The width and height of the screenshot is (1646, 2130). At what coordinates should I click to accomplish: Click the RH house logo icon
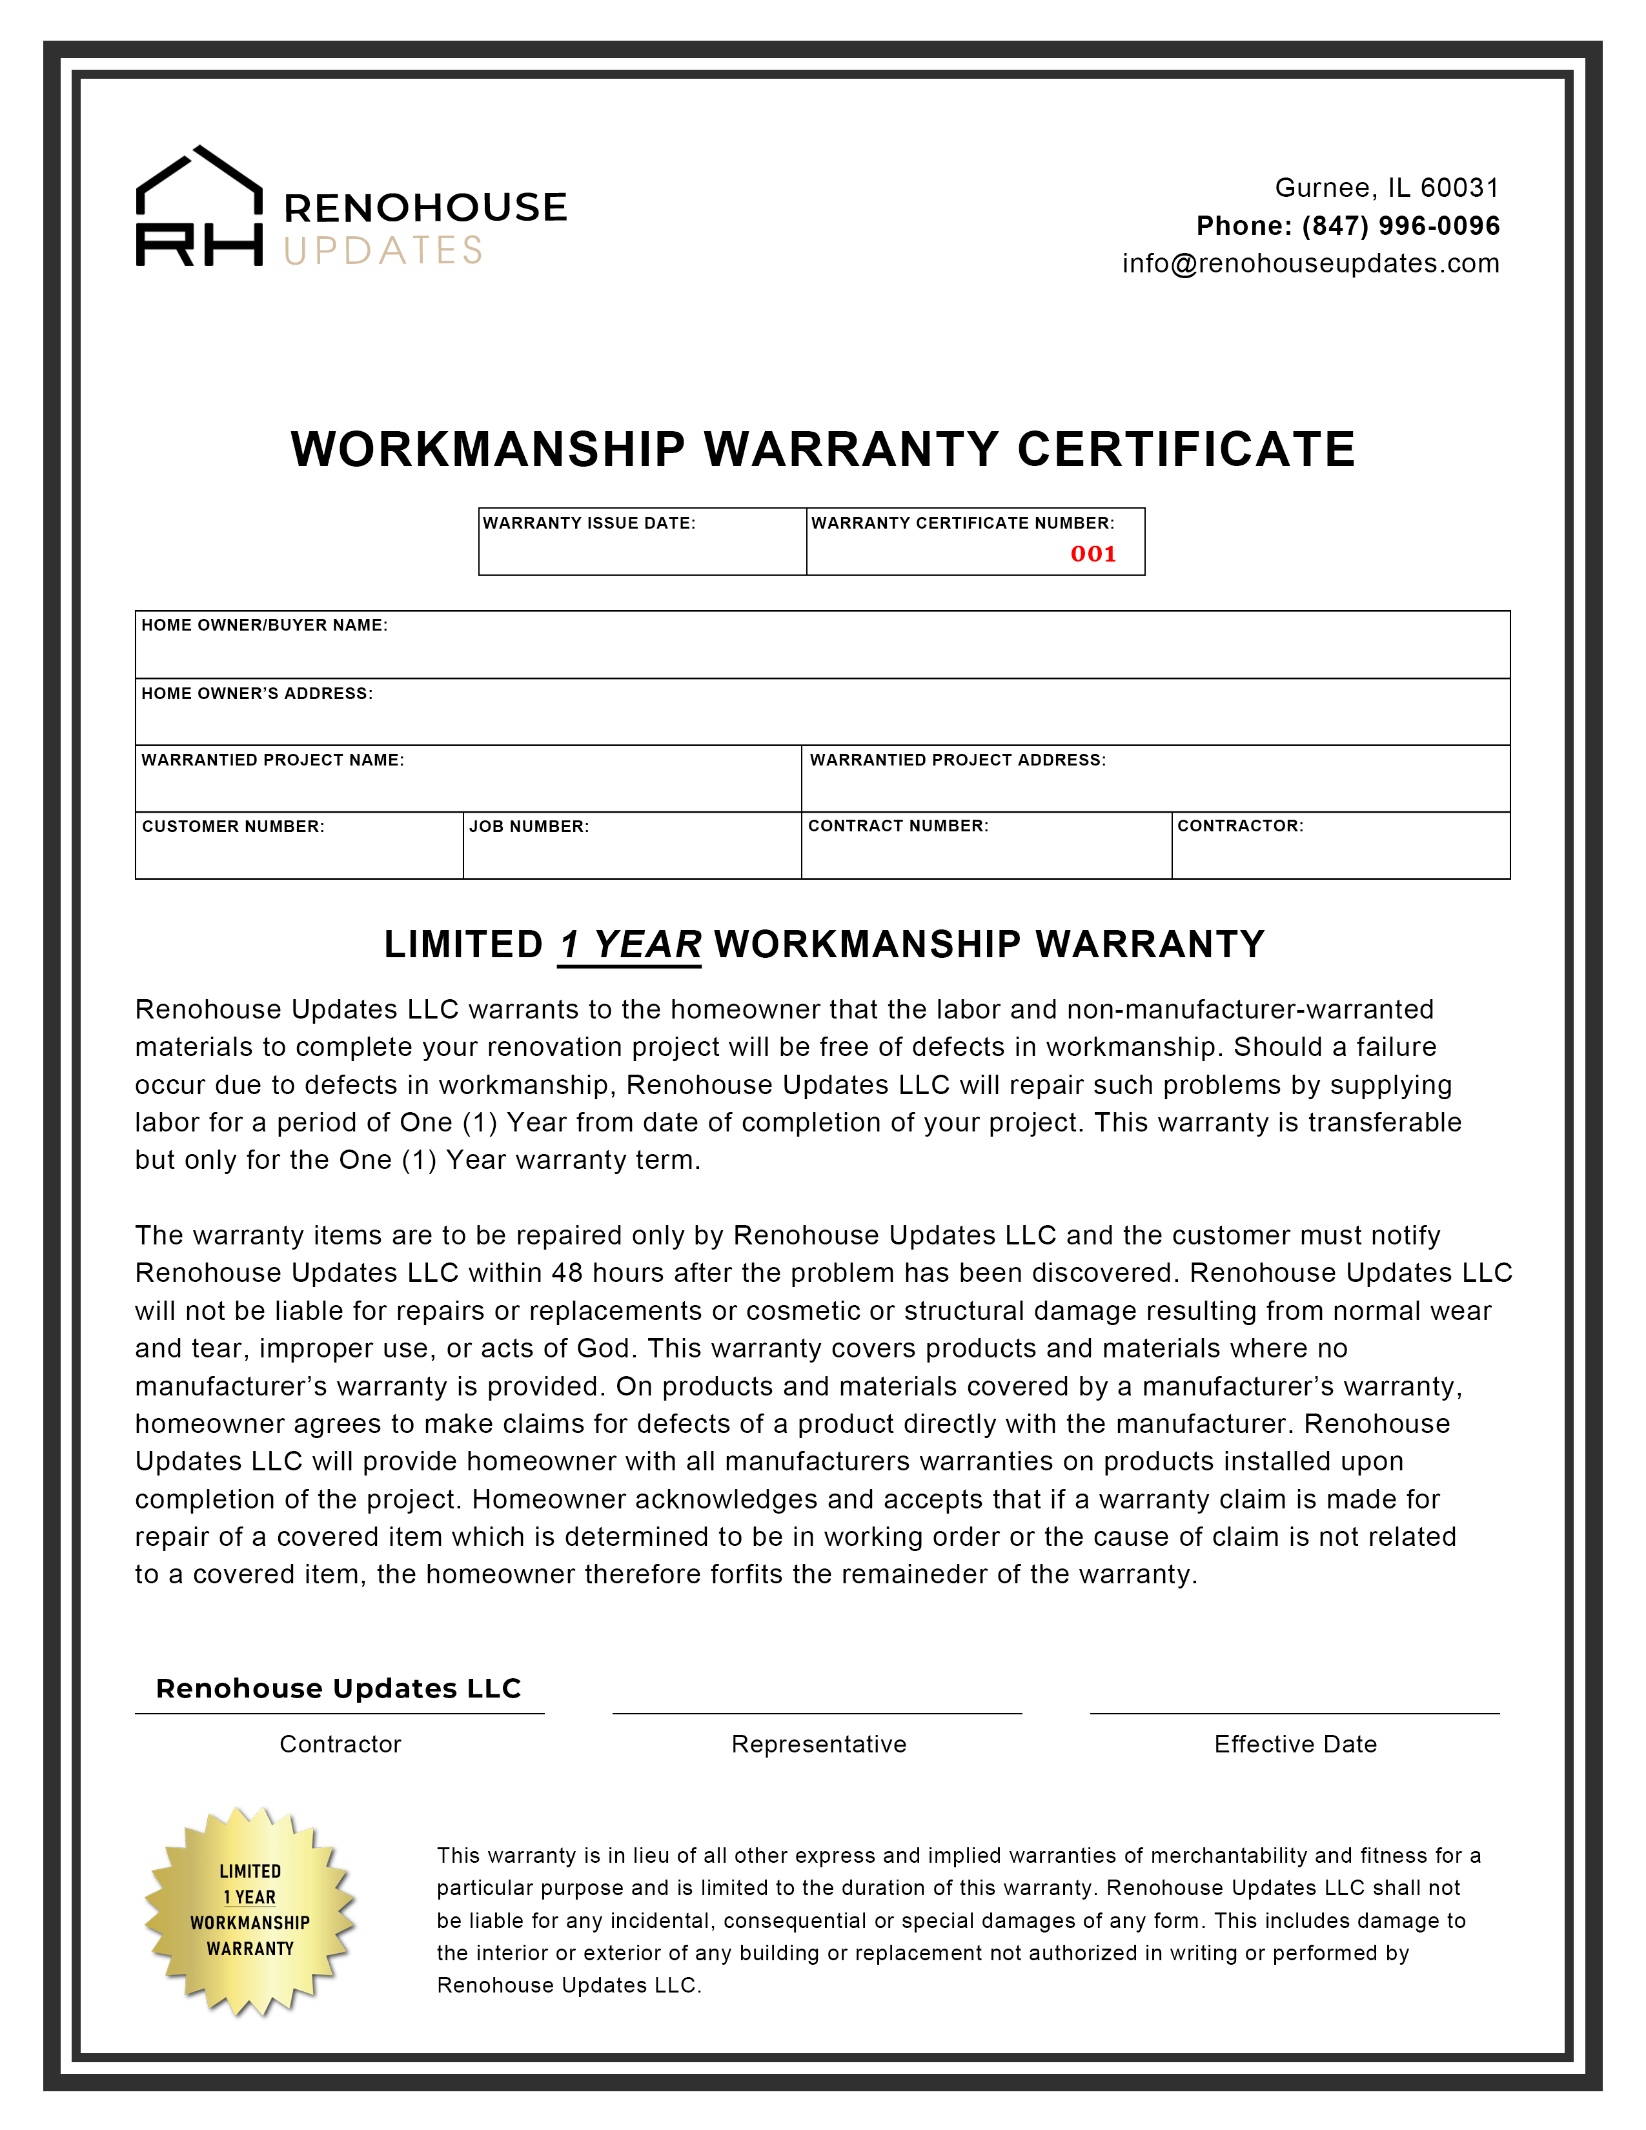pos(199,206)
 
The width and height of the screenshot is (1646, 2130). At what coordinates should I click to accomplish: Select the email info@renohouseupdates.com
pos(1310,263)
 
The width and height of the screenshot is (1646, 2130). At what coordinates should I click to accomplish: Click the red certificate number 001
pos(1093,554)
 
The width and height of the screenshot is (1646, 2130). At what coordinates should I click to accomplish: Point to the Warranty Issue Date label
pos(589,523)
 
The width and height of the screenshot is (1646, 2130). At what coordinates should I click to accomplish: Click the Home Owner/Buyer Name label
pos(264,625)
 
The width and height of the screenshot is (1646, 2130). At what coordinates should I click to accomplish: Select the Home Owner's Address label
pos(256,693)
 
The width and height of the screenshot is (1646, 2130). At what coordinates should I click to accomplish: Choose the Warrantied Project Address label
pos(957,760)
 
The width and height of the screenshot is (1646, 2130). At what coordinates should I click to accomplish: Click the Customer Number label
pos(233,826)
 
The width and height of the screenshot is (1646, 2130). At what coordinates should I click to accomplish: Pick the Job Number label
pos(529,826)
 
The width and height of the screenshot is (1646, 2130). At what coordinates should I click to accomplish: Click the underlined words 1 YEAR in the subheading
pos(630,945)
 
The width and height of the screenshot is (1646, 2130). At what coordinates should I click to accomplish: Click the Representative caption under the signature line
pos(818,1744)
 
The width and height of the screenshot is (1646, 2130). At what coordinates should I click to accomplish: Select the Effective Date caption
pos(1295,1744)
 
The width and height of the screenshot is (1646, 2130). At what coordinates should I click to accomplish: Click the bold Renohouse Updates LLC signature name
pos(338,1689)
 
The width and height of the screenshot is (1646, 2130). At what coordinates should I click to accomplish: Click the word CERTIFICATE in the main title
pos(1186,450)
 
